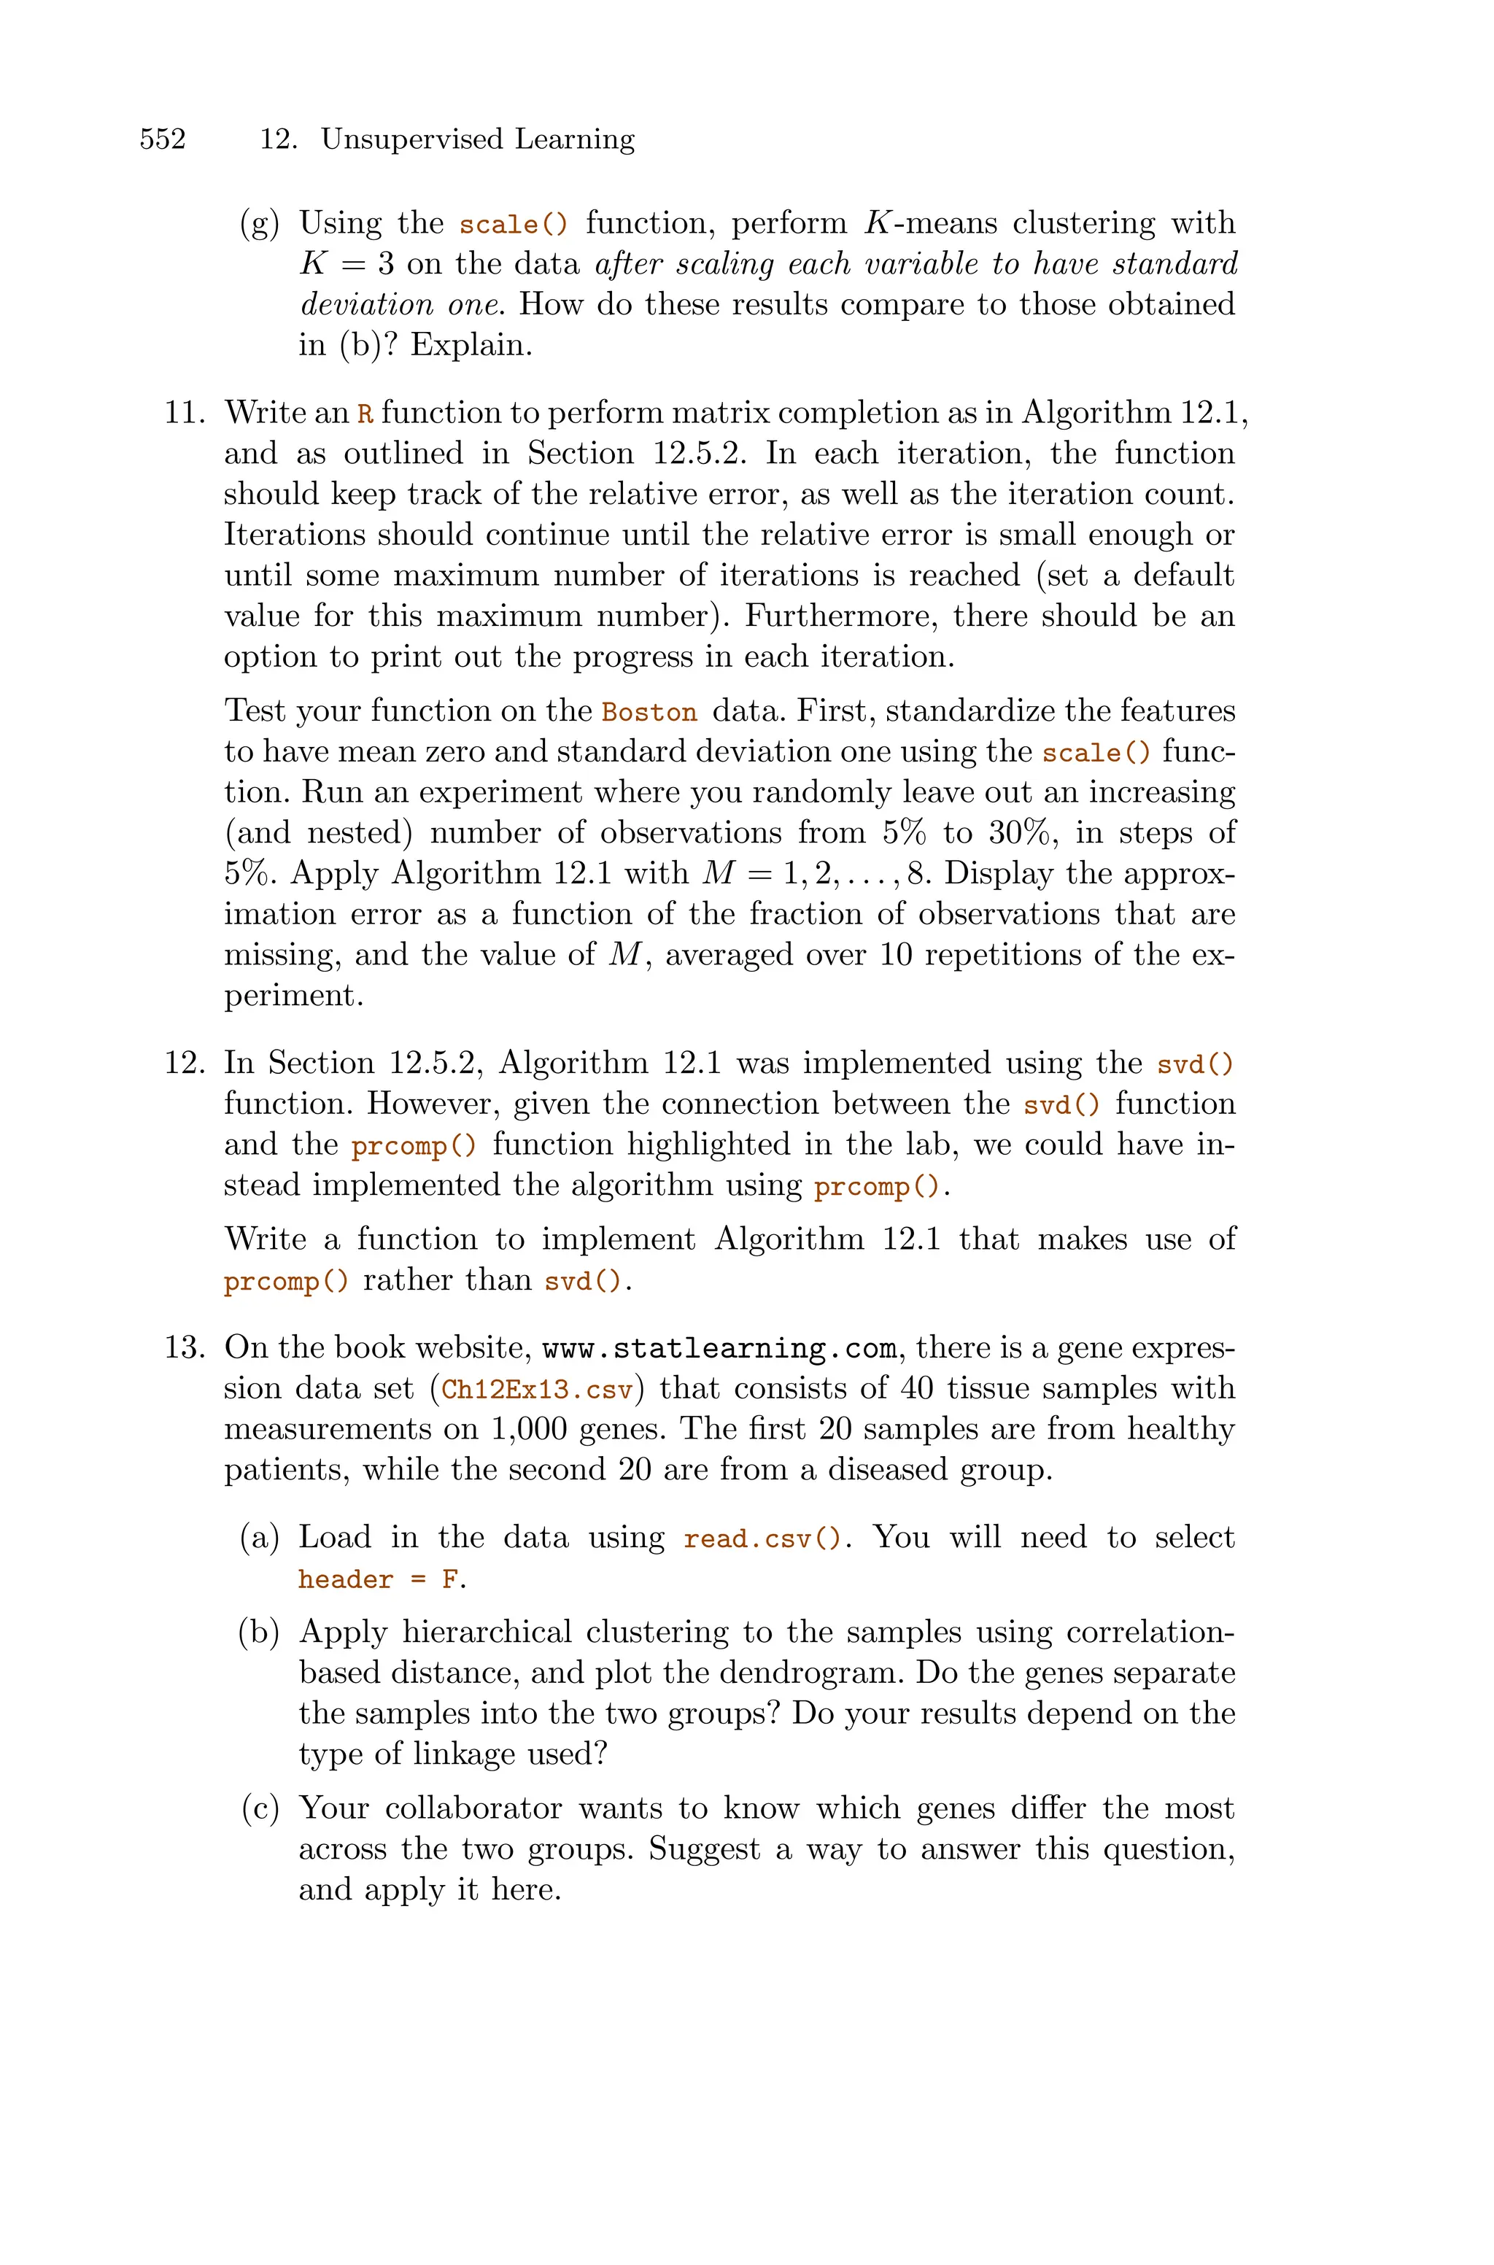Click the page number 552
coord(163,139)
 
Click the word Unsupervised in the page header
coord(411,139)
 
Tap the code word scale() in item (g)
coord(513,225)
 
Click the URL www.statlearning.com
coord(719,1350)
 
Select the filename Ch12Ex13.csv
coord(538,1390)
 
